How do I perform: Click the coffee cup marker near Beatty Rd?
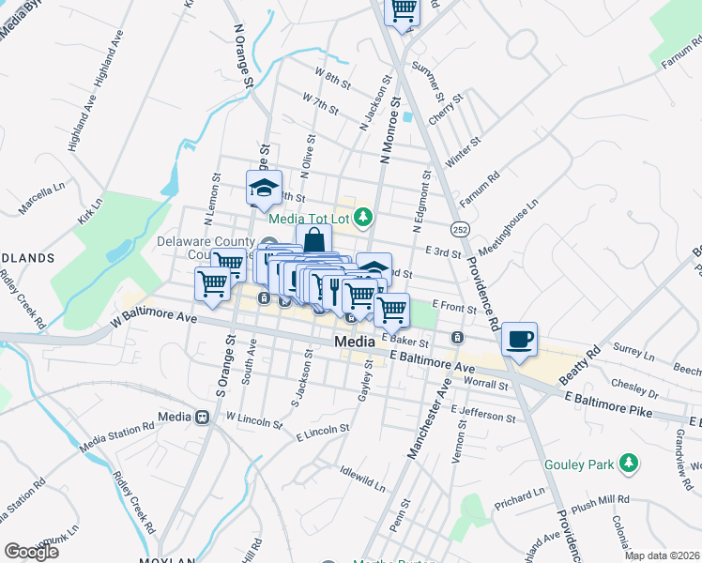pos(519,340)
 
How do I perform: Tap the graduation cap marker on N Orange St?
pos(264,188)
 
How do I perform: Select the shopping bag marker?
pos(313,241)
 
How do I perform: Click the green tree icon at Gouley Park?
pos(629,463)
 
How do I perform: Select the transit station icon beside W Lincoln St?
pos(201,417)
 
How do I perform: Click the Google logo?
pos(31,551)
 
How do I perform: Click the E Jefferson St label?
pos(483,411)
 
